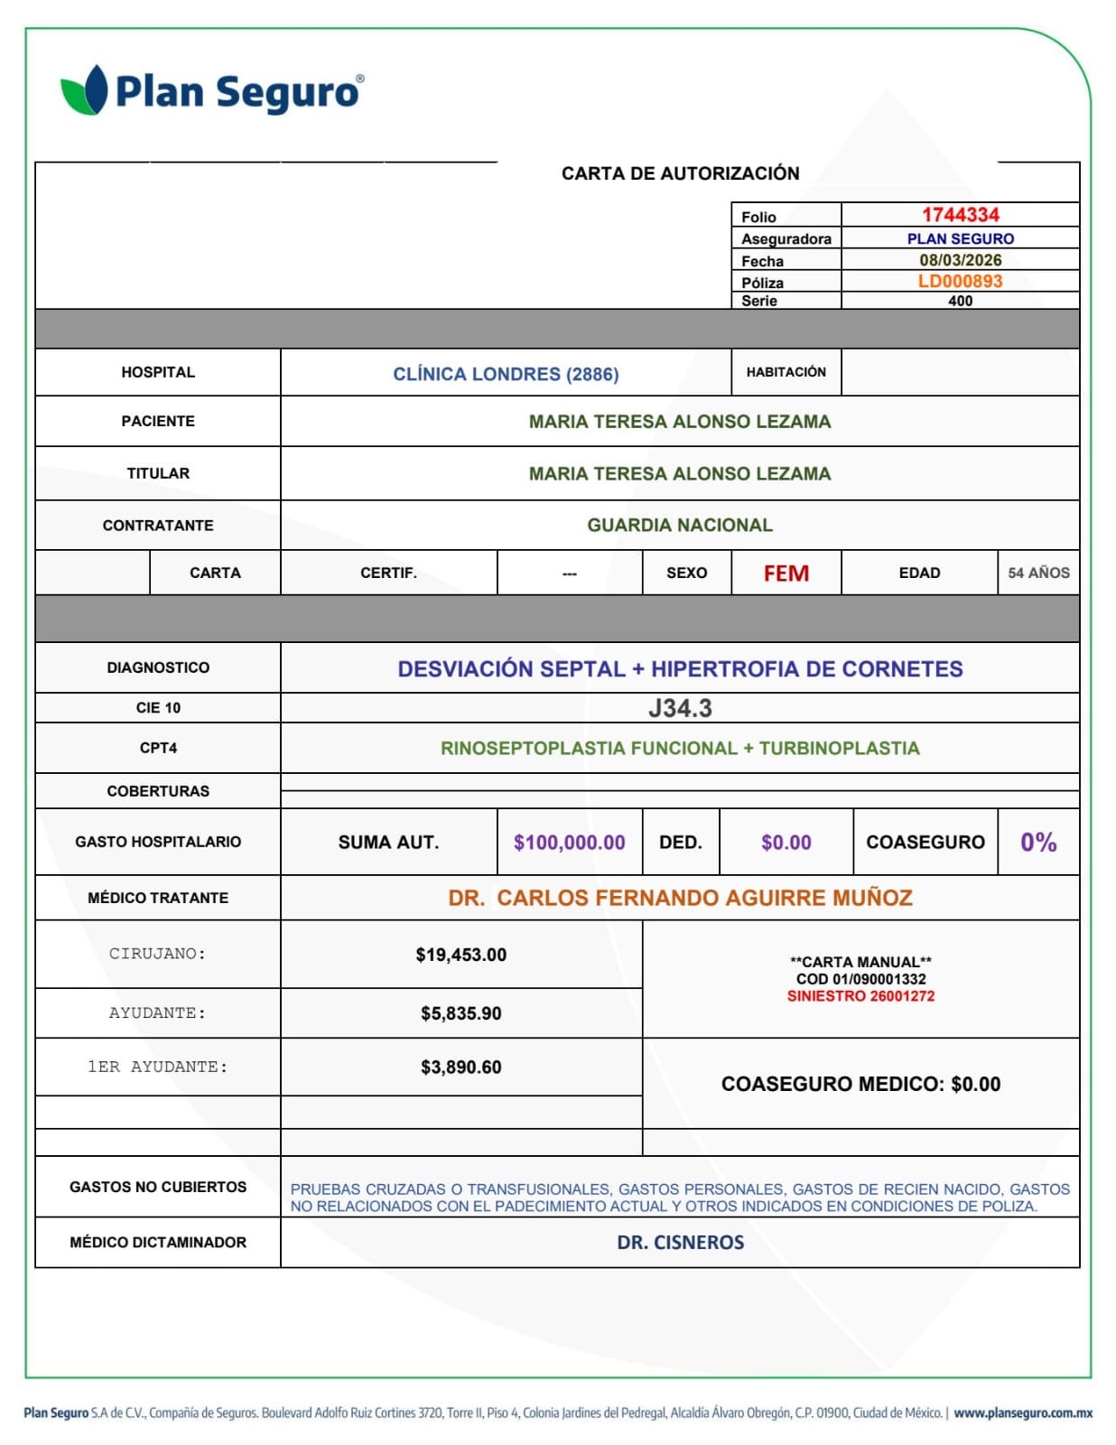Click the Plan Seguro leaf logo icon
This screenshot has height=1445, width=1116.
point(84,90)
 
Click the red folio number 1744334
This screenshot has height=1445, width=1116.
point(960,215)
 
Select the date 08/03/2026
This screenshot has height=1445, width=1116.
point(960,260)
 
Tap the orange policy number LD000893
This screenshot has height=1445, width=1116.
point(960,281)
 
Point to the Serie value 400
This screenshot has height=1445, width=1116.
point(960,301)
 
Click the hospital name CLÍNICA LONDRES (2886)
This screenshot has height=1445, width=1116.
point(506,374)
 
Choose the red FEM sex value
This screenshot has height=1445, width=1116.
point(786,573)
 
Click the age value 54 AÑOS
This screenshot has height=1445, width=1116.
point(1038,573)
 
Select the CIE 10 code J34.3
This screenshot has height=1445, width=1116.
point(680,708)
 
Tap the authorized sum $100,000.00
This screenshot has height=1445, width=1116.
point(569,843)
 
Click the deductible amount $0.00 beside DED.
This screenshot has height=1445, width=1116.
point(786,843)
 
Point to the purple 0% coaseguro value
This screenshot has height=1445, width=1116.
point(1038,843)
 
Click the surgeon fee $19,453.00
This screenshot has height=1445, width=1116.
point(460,955)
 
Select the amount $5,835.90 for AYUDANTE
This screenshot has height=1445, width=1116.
point(460,1013)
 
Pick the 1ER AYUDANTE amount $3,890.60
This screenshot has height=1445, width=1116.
point(460,1067)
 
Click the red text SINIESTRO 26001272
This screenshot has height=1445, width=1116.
point(860,996)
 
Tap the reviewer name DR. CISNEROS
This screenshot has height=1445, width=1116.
point(680,1243)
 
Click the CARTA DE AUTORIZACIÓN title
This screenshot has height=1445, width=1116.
point(680,173)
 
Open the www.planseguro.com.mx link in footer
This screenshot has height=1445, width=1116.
point(1022,1412)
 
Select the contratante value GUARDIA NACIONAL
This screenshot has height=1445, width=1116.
point(680,525)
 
